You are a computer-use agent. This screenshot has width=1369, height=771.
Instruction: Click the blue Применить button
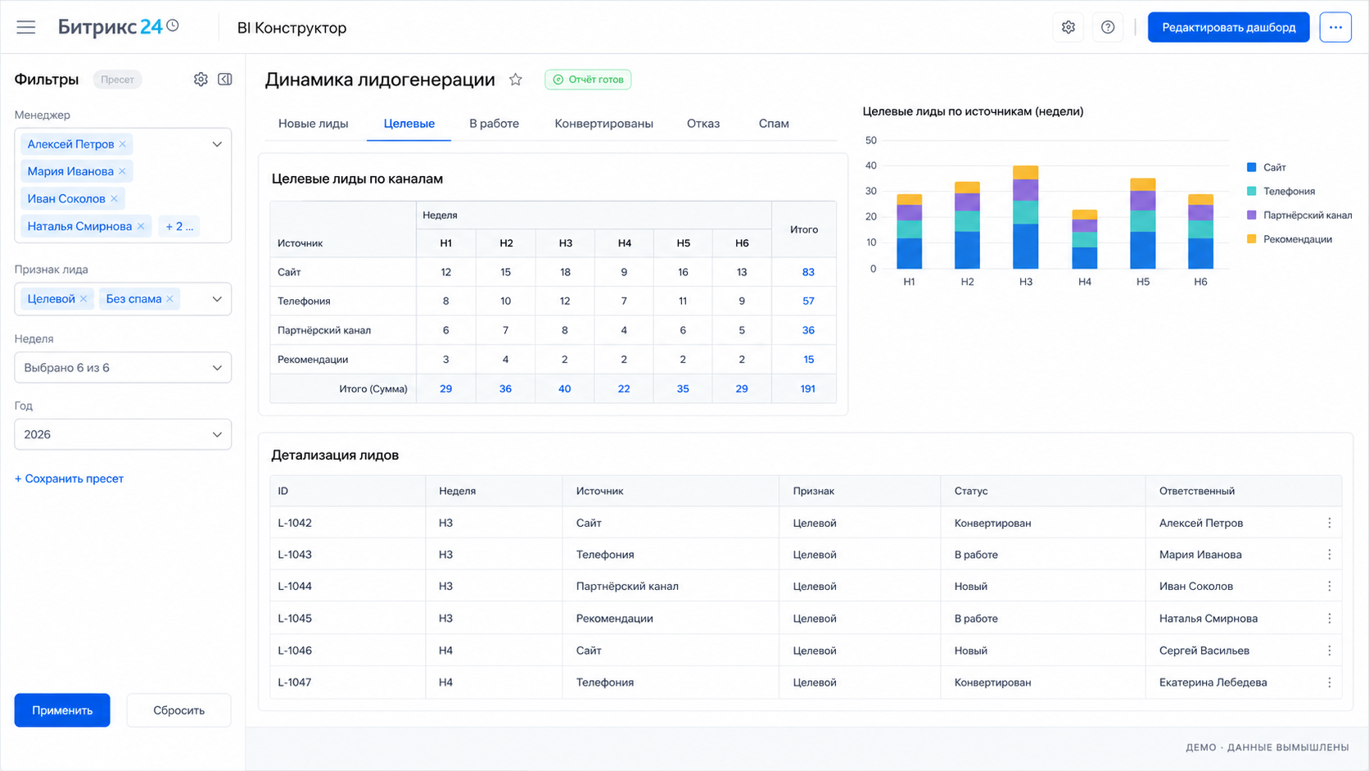(62, 710)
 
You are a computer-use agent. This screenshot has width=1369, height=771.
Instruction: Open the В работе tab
(494, 124)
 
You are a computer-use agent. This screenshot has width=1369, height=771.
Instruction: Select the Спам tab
(774, 124)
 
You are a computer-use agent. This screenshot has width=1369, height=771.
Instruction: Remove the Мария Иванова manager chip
(122, 171)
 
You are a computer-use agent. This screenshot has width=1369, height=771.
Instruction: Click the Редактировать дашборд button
(1228, 28)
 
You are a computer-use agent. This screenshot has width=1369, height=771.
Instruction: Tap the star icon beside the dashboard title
(516, 79)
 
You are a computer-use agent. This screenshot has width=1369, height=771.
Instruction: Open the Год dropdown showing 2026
(123, 434)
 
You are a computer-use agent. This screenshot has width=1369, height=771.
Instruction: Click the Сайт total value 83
(808, 272)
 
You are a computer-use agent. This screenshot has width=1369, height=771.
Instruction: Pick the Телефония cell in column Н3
(565, 301)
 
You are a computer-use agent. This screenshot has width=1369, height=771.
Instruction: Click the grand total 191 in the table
(808, 389)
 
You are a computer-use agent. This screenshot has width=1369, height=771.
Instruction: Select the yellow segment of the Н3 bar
(1026, 172)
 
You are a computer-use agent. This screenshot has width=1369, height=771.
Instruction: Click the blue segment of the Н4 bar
(1084, 258)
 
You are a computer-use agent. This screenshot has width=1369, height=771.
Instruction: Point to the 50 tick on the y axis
(871, 140)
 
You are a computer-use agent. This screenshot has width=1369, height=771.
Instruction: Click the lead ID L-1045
(295, 618)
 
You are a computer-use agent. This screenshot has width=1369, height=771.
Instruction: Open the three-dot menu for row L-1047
(1329, 683)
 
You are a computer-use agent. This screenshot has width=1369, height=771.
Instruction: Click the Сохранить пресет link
(69, 478)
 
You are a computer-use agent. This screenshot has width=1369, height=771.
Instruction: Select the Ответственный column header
(1197, 491)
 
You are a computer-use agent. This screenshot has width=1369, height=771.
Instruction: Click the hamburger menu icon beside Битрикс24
(25, 28)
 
